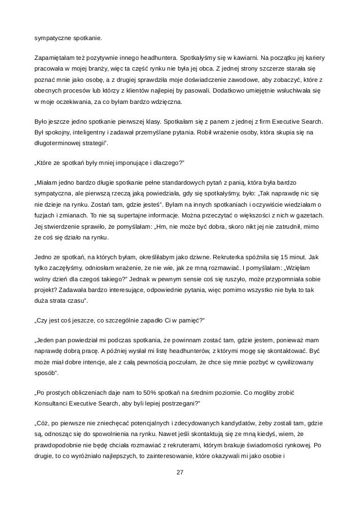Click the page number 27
tap(180, 487)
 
